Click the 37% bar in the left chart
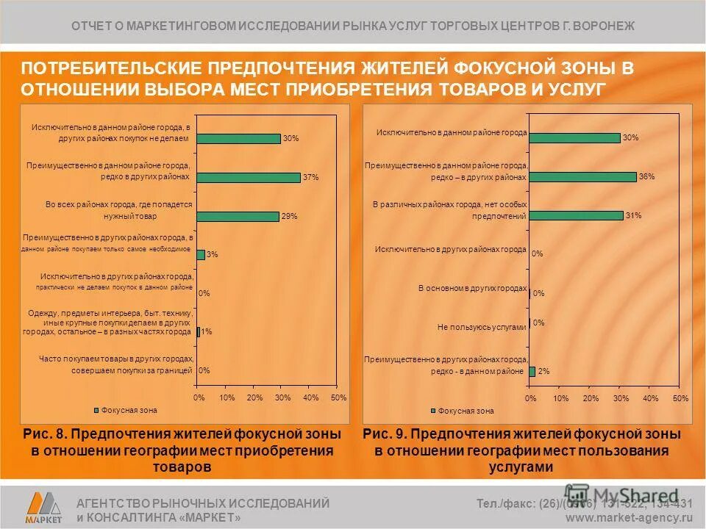[249, 177]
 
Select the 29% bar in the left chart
[238, 216]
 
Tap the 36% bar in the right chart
[582, 176]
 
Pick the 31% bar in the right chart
[576, 215]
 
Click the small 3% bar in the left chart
[201, 255]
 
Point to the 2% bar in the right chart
[532, 371]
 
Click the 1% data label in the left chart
[207, 332]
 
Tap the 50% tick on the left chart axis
[338, 397]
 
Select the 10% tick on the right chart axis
[560, 398]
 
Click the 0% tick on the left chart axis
[199, 397]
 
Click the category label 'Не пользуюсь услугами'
[482, 327]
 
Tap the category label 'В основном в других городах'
[472, 288]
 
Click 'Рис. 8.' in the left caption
[46, 434]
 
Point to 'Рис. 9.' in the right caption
[386, 434]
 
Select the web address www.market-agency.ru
[629, 517]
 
